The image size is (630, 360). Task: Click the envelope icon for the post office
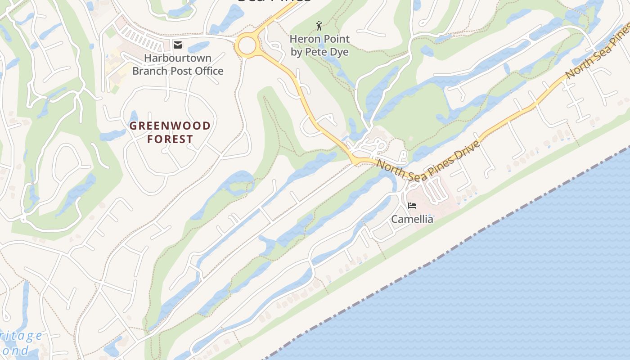point(178,45)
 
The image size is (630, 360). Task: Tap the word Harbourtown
point(178,58)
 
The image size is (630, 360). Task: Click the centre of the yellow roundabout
point(247,45)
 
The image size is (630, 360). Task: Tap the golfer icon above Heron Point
point(319,26)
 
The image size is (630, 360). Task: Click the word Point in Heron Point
point(336,39)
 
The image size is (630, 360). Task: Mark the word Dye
point(340,52)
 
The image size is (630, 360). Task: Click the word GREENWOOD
point(170,126)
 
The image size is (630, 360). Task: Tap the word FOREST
point(170,139)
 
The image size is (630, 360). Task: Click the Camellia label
point(412,219)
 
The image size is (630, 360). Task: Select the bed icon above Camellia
point(412,206)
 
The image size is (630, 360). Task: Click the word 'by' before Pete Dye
point(297,52)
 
